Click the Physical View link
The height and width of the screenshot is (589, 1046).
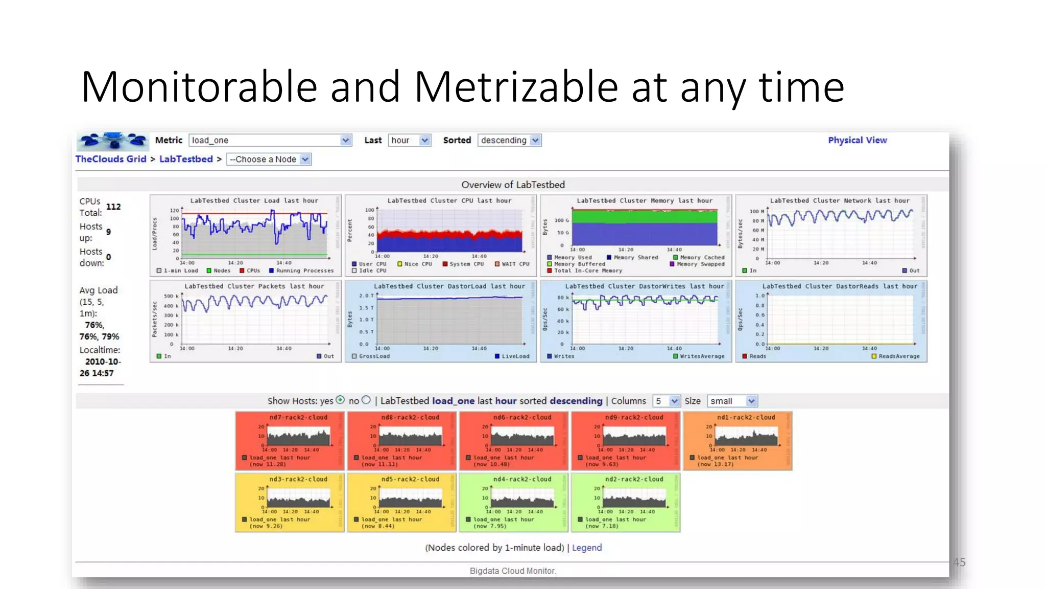[x=857, y=140]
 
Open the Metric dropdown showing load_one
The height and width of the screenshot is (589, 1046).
[x=270, y=140]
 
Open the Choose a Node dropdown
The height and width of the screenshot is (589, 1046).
[x=269, y=160]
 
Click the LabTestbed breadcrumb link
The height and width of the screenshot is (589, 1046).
[x=186, y=159]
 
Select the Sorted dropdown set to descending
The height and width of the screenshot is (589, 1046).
[x=509, y=140]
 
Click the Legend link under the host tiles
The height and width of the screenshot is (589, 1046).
[x=586, y=548]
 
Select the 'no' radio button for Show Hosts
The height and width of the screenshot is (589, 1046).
[x=366, y=400]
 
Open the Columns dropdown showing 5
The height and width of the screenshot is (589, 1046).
[x=666, y=401]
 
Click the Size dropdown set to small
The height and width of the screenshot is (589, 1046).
[x=731, y=401]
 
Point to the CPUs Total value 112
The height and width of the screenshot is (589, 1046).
[x=113, y=207]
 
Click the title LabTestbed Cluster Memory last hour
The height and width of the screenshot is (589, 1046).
[x=644, y=200]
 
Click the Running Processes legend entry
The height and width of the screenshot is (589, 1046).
[x=304, y=270]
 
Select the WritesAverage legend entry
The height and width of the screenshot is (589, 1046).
[x=701, y=356]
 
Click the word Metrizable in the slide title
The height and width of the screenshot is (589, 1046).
[x=516, y=87]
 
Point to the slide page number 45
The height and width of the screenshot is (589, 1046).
[x=959, y=562]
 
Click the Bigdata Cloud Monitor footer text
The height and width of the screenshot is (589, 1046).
[x=513, y=571]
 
